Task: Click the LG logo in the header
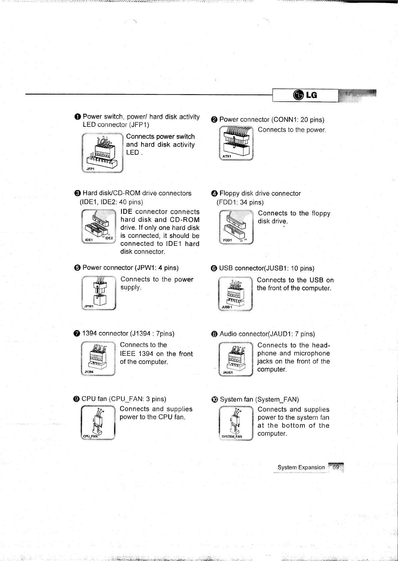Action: point(305,96)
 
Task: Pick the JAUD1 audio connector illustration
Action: point(235,359)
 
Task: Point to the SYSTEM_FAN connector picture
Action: point(235,424)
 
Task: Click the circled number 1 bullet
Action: point(78,117)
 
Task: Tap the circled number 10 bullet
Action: point(215,399)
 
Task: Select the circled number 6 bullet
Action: point(214,268)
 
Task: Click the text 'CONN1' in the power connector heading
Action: point(284,119)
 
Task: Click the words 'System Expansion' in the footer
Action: point(301,467)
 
